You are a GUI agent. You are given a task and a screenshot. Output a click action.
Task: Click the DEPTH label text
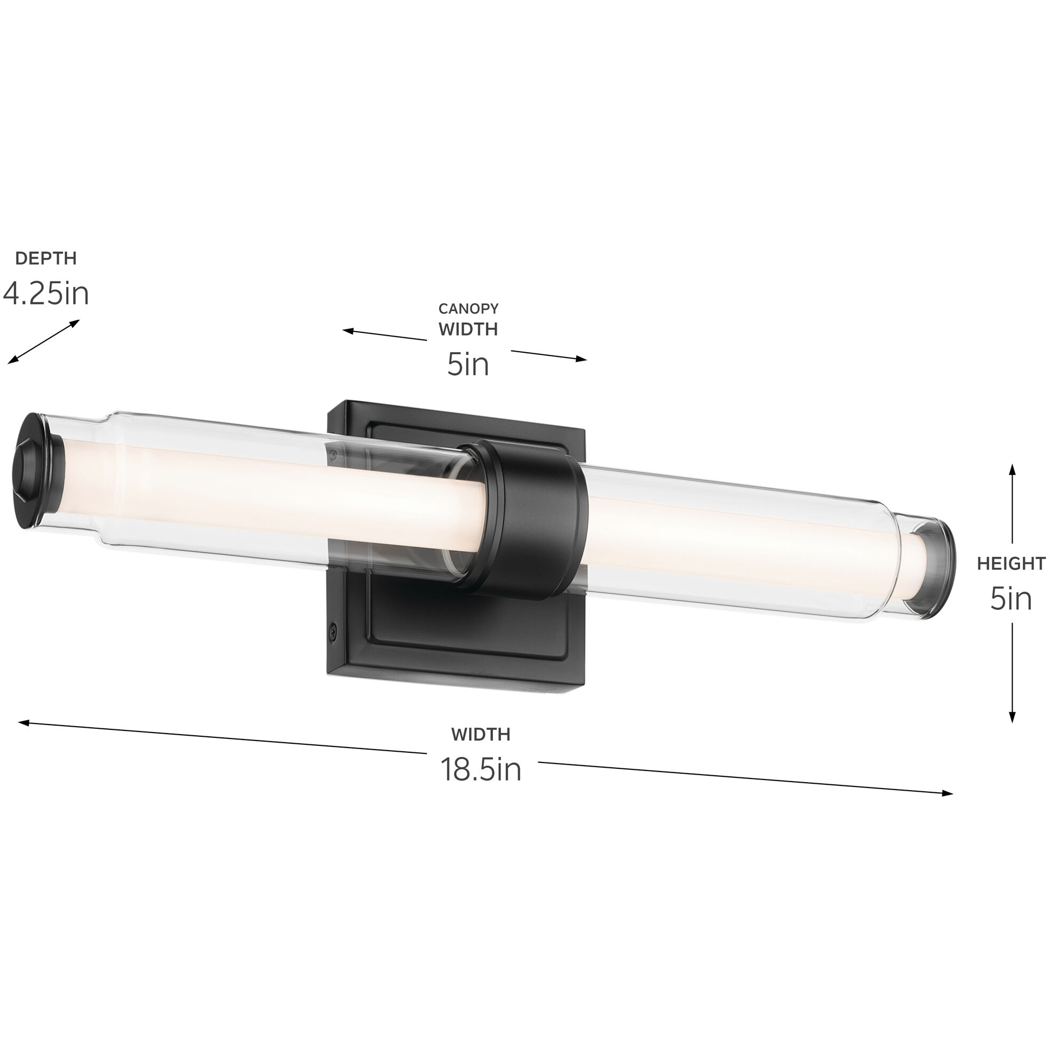point(46,258)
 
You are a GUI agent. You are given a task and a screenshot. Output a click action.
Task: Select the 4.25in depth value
point(46,294)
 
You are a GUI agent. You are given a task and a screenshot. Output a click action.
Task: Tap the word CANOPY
point(468,309)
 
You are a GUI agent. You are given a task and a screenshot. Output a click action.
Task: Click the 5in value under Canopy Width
point(468,364)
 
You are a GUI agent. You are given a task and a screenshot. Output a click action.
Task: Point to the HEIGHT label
point(1011,563)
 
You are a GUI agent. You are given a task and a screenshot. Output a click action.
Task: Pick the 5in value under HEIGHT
point(1011,599)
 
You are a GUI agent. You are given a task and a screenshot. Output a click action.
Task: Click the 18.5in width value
point(480,769)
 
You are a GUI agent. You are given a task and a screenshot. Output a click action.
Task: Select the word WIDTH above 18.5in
point(480,734)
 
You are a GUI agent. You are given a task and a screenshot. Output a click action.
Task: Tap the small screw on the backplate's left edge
point(333,631)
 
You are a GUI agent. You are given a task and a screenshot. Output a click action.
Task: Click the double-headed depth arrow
point(43,342)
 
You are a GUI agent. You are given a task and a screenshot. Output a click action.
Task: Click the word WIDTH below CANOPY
point(468,329)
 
